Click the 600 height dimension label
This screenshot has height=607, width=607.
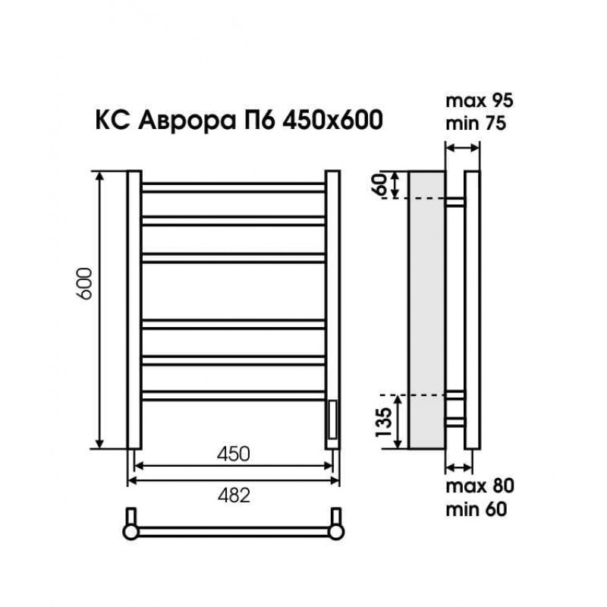[x=85, y=283]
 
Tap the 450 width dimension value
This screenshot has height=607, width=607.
[x=234, y=454]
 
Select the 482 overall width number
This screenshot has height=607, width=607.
[x=234, y=495]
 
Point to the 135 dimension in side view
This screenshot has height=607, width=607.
[x=384, y=422]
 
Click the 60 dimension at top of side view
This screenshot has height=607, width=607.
[x=380, y=184]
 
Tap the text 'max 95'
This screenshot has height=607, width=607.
[x=480, y=101]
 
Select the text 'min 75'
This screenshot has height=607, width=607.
[x=476, y=124]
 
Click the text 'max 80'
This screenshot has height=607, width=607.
[x=480, y=486]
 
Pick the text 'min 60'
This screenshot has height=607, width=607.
[x=476, y=509]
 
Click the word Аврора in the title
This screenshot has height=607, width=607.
[x=187, y=121]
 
